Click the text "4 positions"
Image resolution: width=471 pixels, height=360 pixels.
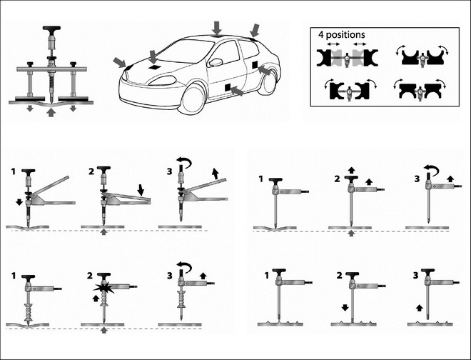click(x=342, y=35)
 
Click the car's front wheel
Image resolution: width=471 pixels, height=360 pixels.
click(x=193, y=99)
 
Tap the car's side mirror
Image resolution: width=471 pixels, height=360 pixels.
click(x=216, y=62)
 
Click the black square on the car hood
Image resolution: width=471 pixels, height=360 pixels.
click(x=154, y=67)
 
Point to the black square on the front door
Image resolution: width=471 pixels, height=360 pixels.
click(x=228, y=87)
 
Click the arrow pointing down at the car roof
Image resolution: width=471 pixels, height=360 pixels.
click(x=216, y=28)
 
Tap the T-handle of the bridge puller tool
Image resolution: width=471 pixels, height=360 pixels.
click(x=51, y=28)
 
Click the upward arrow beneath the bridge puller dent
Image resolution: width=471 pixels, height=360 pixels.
click(x=51, y=112)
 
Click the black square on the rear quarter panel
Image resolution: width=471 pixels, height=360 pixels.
click(x=255, y=65)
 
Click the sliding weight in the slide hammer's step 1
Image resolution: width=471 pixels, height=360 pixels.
click(x=29, y=312)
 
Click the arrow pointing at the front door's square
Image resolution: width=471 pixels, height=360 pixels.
click(x=237, y=91)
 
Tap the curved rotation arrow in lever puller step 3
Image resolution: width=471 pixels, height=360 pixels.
click(x=184, y=162)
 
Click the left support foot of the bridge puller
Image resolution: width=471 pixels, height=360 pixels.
click(x=29, y=99)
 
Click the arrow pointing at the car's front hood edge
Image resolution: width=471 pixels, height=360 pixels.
click(x=120, y=63)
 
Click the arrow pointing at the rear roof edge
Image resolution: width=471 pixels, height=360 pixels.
click(x=255, y=31)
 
